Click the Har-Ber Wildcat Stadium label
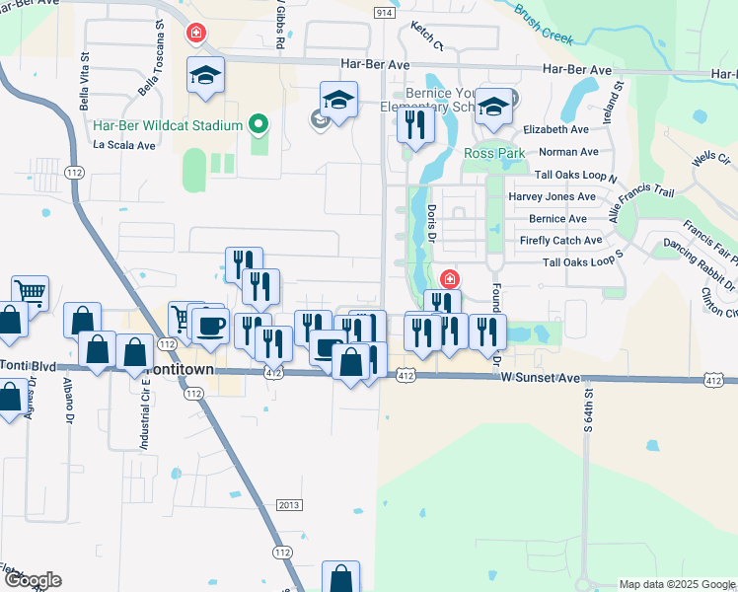[x=168, y=125]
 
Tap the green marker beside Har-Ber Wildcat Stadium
[x=258, y=125]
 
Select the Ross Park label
[x=494, y=154]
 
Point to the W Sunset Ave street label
[x=539, y=378]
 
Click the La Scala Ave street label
[x=125, y=144]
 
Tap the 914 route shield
[x=385, y=12]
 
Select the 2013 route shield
[x=288, y=505]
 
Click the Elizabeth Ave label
[x=555, y=129]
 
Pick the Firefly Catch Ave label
[x=560, y=241]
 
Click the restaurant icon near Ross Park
[x=415, y=125]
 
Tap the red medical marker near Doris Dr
[x=449, y=279]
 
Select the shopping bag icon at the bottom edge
[x=340, y=579]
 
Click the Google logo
[x=32, y=580]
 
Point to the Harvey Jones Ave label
[x=553, y=196]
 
